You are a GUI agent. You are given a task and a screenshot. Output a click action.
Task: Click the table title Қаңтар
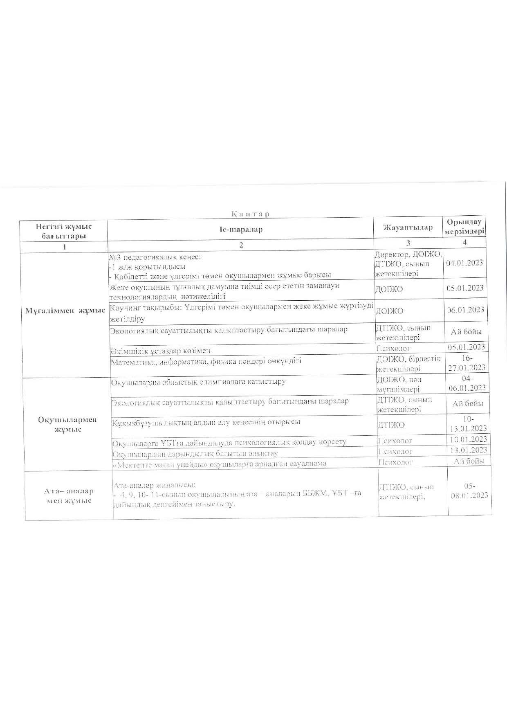(x=251, y=214)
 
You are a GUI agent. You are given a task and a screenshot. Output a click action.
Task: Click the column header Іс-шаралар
(x=241, y=230)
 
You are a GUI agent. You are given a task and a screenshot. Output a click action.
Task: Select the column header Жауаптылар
(x=408, y=227)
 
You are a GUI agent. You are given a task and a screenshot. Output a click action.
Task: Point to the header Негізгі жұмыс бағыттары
(x=64, y=231)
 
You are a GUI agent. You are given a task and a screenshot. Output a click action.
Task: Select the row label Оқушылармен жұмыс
(x=67, y=424)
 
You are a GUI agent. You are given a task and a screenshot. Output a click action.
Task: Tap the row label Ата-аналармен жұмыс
(x=69, y=496)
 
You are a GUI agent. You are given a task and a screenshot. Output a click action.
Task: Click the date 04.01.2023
(x=465, y=263)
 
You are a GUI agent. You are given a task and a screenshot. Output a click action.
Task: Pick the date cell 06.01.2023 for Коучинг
(x=466, y=310)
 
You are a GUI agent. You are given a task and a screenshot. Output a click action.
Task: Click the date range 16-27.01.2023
(x=467, y=362)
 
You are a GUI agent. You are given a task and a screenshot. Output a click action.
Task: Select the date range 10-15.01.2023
(x=467, y=424)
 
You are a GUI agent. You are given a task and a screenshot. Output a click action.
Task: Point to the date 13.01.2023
(x=468, y=450)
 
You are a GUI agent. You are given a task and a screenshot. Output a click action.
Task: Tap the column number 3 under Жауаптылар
(x=408, y=243)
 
